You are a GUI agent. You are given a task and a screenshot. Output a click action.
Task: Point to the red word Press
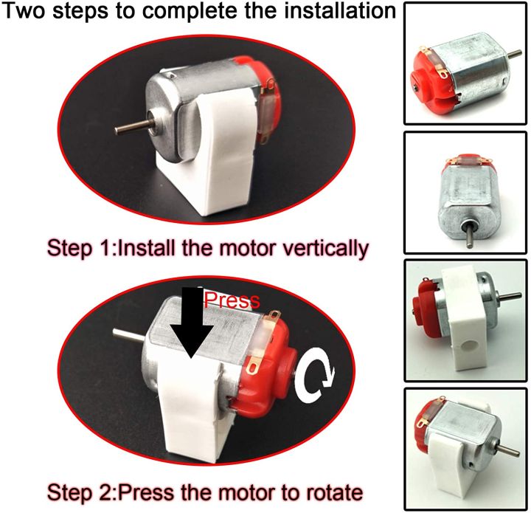pyautogui.click(x=232, y=300)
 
